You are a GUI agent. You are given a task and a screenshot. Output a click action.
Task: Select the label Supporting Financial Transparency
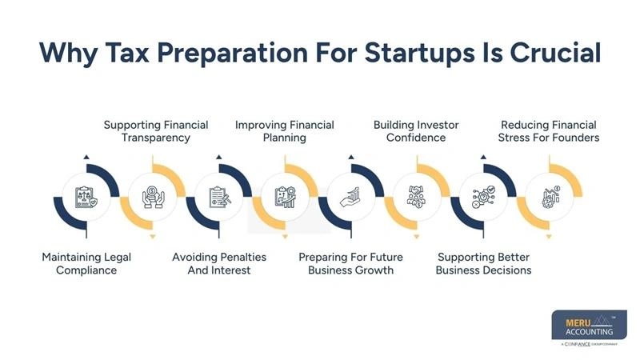[156, 131]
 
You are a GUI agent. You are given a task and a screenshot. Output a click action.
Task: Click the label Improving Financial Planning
[284, 131]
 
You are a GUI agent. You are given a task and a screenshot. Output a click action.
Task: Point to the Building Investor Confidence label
[420, 131]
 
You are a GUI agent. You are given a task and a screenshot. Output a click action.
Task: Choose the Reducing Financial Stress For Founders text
[549, 131]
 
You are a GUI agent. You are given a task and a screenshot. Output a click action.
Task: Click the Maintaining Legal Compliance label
[86, 263]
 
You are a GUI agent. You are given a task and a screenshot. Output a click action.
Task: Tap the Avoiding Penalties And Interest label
[219, 263]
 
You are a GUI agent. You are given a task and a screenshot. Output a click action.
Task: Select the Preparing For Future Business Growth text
[350, 263]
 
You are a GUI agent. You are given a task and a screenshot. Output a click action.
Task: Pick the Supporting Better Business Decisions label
[483, 263]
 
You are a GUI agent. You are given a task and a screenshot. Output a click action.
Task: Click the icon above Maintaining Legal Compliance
[86, 197]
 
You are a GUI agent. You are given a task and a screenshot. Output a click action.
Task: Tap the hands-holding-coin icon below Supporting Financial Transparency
[153, 197]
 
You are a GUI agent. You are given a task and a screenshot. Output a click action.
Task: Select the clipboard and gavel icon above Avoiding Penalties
[218, 197]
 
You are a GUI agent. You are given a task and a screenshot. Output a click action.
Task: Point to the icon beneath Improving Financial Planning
[285, 197]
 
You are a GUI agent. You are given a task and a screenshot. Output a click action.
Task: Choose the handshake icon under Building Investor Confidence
[417, 197]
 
